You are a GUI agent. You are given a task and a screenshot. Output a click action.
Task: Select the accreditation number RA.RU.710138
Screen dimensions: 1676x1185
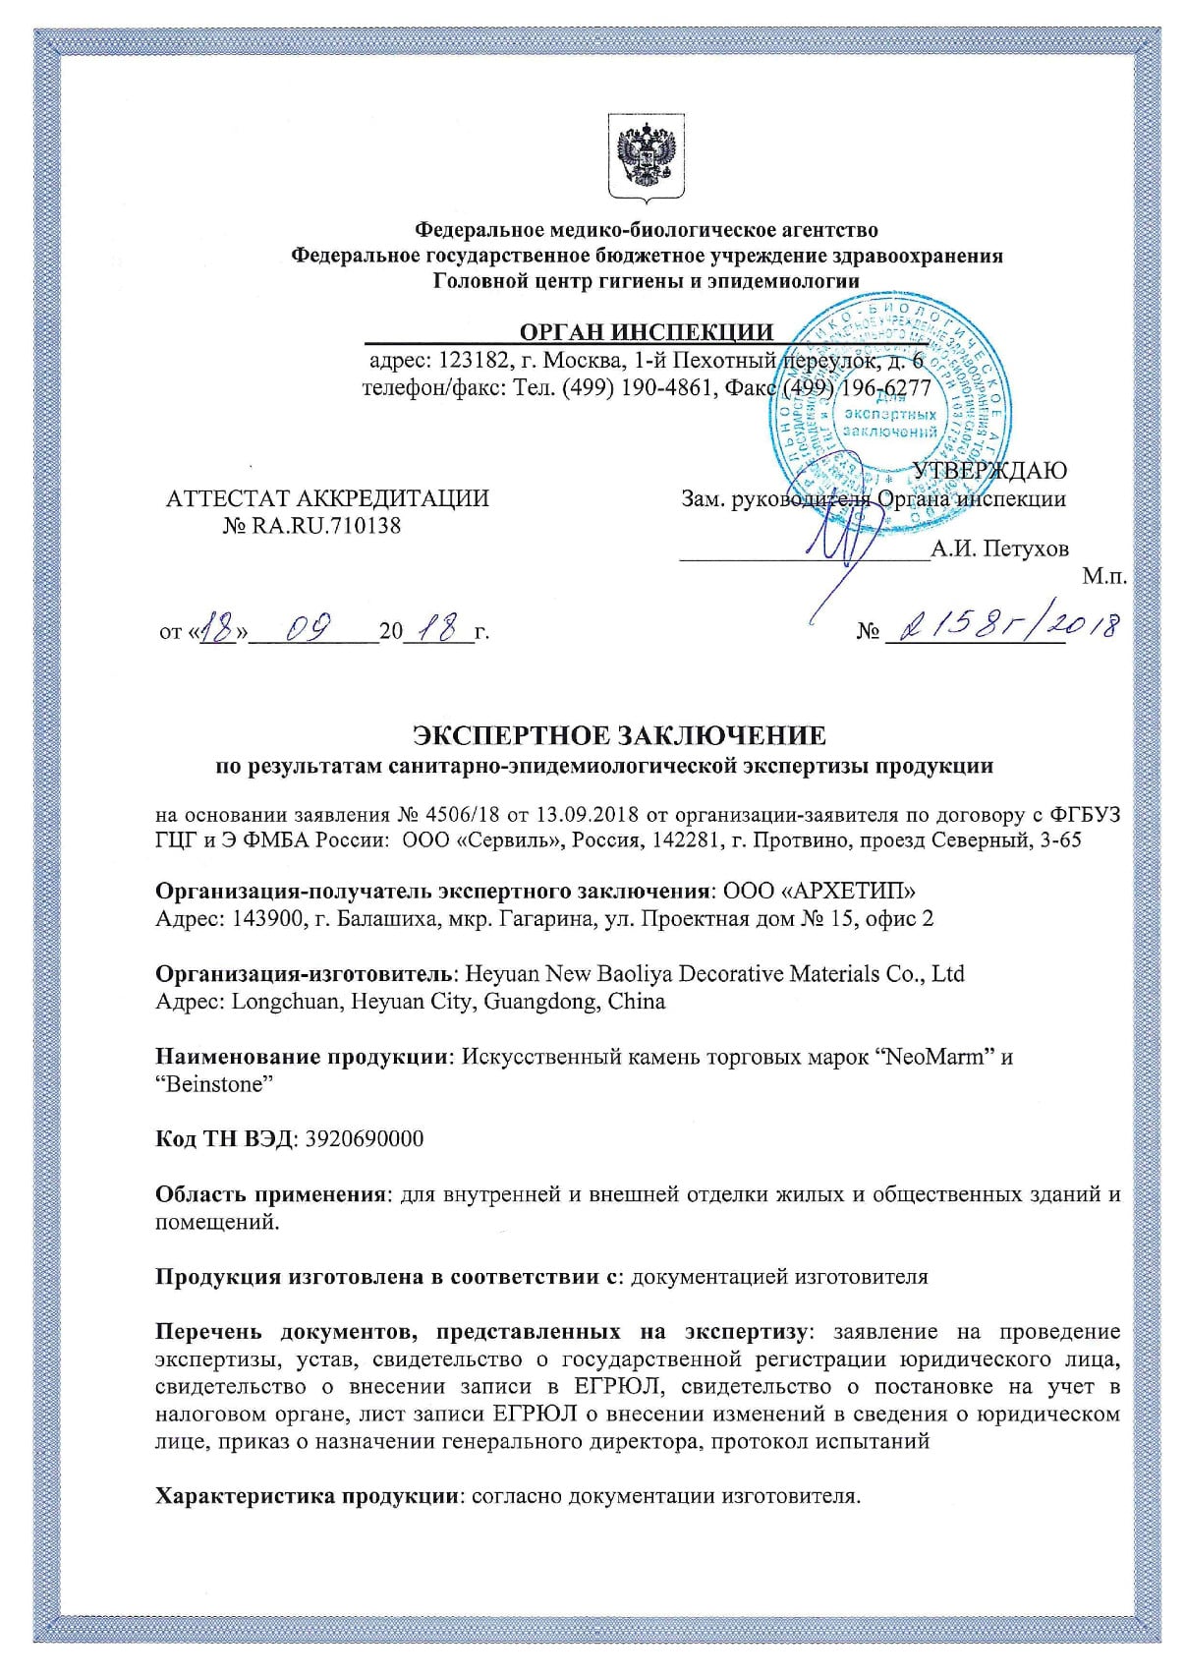(x=326, y=525)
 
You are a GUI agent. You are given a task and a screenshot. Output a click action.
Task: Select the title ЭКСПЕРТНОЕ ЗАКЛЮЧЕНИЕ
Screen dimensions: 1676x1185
(x=619, y=734)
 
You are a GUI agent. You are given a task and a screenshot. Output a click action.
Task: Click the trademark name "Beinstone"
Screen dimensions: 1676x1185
(x=213, y=1084)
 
